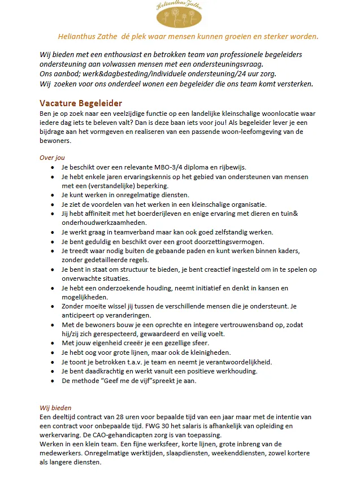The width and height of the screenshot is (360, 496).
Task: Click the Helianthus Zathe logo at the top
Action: [180, 15]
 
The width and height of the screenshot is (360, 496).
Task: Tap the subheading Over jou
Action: [52, 158]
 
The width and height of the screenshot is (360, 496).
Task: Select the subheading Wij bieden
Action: [55, 407]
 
